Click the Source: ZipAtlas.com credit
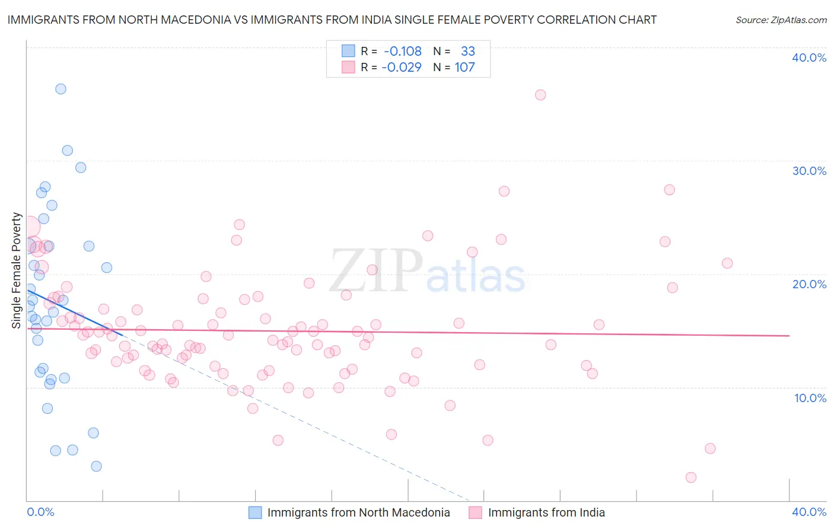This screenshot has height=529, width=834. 781,20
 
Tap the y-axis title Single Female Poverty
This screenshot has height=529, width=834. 17,270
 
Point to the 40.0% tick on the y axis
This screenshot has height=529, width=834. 809,58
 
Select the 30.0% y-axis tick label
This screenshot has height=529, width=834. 809,171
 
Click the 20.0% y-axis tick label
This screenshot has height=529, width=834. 809,284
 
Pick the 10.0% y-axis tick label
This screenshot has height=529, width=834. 810,398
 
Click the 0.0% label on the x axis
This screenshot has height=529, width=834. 41,512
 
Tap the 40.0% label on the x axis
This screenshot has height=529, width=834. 809,512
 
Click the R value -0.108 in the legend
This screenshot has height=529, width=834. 402,52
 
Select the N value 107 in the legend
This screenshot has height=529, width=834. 464,68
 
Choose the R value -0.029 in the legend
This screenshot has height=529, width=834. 402,68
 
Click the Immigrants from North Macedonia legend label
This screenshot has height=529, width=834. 358,512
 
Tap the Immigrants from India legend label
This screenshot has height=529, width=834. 546,512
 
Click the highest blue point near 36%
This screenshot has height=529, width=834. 61,89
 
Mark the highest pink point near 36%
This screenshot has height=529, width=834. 540,95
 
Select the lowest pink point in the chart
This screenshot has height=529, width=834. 690,477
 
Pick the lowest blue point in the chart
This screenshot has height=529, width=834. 96,466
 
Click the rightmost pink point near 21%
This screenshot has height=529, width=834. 727,263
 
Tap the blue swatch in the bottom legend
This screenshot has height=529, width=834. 255,512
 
